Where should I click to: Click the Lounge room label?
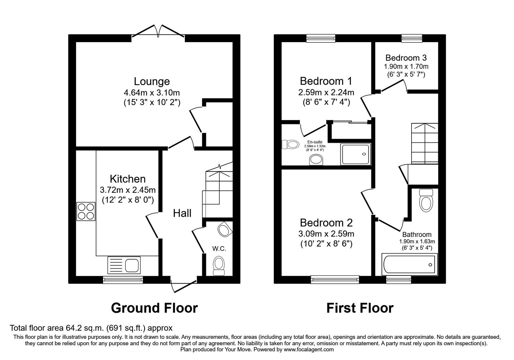coord(152,81)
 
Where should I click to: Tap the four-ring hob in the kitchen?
coord(86,211)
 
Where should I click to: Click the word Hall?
coord(182,213)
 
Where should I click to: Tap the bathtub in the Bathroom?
coord(409,265)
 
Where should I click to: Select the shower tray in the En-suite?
coord(356,155)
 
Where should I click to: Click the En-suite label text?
coord(315,142)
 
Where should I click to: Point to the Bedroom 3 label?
coord(406,58)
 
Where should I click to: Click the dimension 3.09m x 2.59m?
coord(326,234)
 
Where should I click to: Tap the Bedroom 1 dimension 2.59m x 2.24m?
coord(326,93)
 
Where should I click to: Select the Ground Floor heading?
coord(154,308)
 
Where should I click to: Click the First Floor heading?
coord(360,308)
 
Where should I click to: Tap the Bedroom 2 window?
coord(335,280)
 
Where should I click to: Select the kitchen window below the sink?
coord(123,280)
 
